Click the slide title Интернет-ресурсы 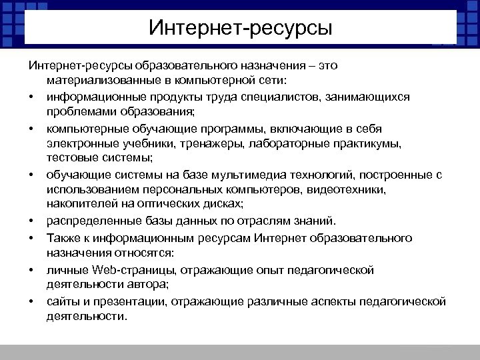(240, 28)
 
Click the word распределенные (89, 221)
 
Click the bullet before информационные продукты (31, 97)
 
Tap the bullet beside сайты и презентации (31, 302)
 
